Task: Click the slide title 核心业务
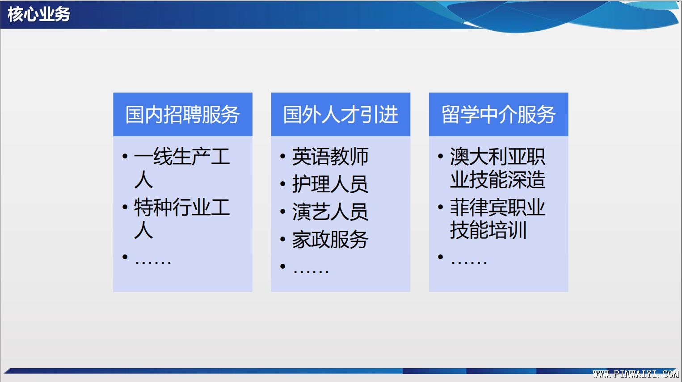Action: tap(39, 14)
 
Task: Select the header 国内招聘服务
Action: tap(183, 115)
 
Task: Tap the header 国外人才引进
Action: tap(341, 115)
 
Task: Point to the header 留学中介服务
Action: tap(498, 115)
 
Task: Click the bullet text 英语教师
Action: tap(330, 157)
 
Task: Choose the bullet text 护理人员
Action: tap(330, 184)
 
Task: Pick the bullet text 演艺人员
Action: tap(330, 212)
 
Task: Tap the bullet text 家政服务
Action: tap(330, 240)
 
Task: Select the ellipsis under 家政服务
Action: tap(311, 271)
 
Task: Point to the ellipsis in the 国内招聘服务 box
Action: tap(153, 262)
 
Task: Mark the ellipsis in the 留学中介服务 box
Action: tap(469, 262)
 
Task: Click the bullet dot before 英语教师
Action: tap(282, 157)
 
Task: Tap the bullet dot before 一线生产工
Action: tap(125, 157)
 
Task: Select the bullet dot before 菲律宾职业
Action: tap(440, 207)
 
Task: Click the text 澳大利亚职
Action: tap(497, 157)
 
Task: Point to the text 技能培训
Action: tap(488, 230)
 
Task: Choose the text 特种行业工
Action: tap(182, 207)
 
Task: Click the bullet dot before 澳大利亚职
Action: tap(440, 157)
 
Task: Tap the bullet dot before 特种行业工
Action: tap(125, 207)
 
